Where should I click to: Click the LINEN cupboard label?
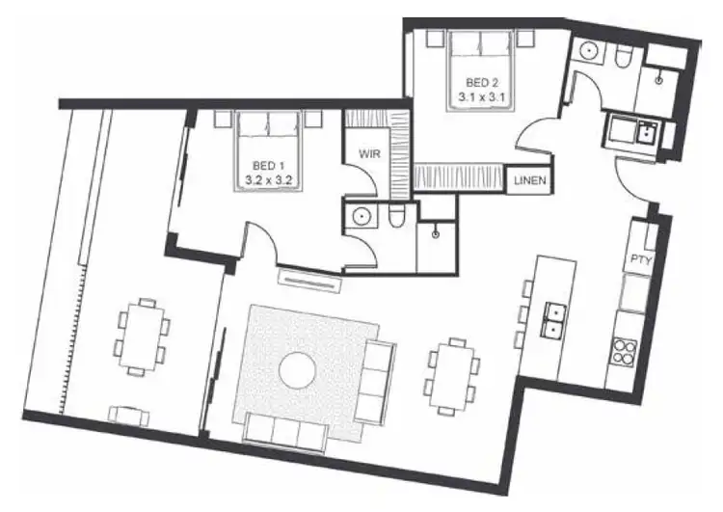532,180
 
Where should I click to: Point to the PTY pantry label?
641,259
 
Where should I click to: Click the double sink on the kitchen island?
554,318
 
